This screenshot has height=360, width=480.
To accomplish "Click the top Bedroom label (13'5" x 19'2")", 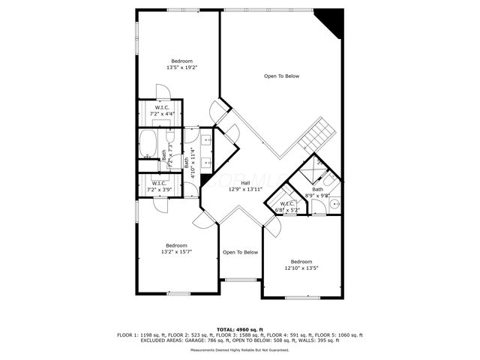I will [x=181, y=61].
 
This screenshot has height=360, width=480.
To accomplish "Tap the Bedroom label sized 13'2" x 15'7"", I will [x=176, y=245].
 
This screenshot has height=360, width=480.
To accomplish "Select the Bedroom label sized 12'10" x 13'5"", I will [x=301, y=261].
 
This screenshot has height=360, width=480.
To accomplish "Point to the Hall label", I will [x=245, y=183].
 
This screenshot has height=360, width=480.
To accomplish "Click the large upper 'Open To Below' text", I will [x=281, y=76].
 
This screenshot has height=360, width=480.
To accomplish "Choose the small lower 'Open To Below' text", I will [x=240, y=252].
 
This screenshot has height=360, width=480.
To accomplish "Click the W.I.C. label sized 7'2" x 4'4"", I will [x=161, y=108].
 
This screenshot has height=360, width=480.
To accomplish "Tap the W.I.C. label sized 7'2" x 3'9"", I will [x=160, y=184].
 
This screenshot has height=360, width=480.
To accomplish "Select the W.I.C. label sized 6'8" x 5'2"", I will [x=286, y=204].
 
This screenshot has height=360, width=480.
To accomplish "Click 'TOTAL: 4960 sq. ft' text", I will [x=239, y=329].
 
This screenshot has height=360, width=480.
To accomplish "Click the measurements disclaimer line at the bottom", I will [x=239, y=350].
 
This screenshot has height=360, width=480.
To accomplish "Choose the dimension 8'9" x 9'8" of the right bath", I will [x=318, y=194].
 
